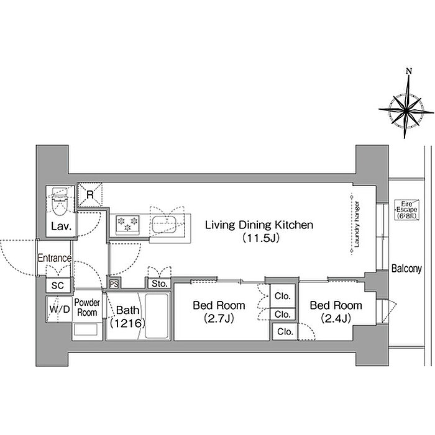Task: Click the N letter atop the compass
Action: tap(409, 71)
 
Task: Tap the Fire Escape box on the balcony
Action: tap(406, 210)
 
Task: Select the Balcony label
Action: tap(406, 268)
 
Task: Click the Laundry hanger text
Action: tap(357, 224)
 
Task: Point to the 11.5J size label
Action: tap(260, 238)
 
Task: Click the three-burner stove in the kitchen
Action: tap(127, 224)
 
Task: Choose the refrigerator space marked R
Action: tap(89, 195)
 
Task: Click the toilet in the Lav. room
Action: tap(60, 202)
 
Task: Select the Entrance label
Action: tap(55, 258)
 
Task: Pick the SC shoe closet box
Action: tap(58, 285)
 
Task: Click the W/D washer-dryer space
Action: tap(60, 309)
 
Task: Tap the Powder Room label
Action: tap(87, 307)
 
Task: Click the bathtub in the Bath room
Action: tap(157, 316)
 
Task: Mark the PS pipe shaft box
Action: tap(114, 284)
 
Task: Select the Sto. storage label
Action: tap(160, 284)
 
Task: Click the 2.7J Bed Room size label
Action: tap(219, 318)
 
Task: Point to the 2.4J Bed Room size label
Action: tap(336, 318)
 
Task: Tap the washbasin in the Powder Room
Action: tap(85, 330)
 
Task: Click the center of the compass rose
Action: tap(406, 110)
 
